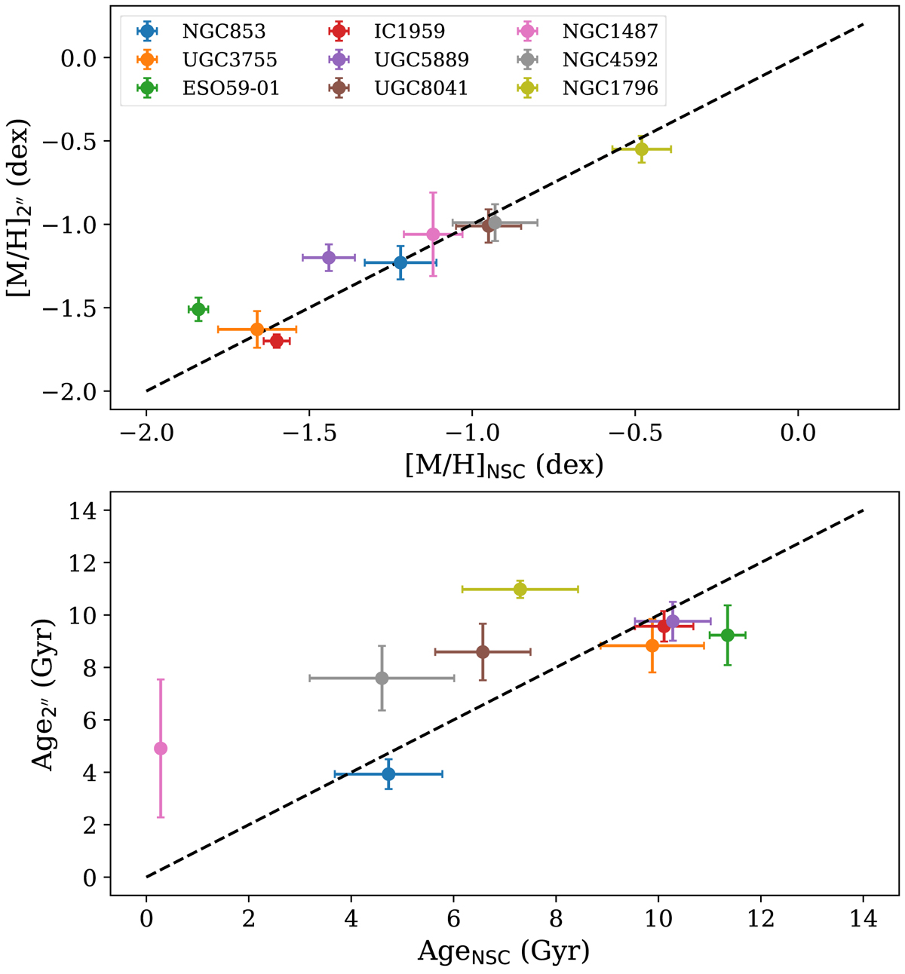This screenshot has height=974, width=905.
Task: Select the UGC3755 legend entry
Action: (219, 60)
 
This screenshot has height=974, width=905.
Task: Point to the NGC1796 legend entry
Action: (610, 88)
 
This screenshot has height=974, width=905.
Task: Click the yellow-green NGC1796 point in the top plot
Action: (641, 149)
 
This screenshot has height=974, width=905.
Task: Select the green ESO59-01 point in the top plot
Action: (198, 309)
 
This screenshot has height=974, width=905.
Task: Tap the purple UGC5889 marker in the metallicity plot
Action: (329, 257)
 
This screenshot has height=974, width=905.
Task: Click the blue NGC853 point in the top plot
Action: (400, 262)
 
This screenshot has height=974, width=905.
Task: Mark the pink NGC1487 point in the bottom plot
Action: (161, 748)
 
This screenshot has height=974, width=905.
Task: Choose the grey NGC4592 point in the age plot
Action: (382, 678)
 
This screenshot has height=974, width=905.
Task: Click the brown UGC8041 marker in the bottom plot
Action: (483, 652)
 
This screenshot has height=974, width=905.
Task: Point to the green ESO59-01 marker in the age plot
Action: (727, 635)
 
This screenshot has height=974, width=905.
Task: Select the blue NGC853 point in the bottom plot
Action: (388, 773)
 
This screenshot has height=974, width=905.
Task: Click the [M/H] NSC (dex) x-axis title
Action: (504, 466)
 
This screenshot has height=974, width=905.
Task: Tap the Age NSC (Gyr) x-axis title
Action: (504, 951)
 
